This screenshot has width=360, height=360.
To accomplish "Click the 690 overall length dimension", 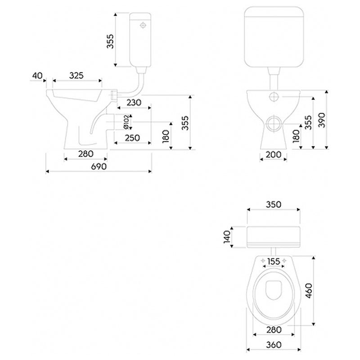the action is pos(99,166).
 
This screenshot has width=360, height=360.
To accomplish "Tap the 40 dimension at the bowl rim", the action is pos(37,76).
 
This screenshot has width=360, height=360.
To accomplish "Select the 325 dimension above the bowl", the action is pos(76,76).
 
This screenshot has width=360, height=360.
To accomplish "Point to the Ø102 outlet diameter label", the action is pos(126,122).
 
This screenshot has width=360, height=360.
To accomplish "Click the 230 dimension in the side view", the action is pos(134,103).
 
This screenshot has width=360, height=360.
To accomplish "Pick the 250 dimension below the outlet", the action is pos(132,138).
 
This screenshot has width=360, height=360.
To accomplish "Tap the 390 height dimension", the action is pos(322,120).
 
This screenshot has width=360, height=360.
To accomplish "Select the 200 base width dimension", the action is pos(273,155).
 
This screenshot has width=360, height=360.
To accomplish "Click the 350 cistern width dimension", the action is pos(274,204).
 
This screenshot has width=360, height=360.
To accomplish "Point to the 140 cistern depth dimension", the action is pos(227,237).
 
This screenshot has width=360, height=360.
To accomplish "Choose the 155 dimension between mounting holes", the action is pos(274,261).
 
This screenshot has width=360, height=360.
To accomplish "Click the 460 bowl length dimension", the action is pos(309,291).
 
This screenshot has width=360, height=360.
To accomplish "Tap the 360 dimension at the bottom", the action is pos(274,345).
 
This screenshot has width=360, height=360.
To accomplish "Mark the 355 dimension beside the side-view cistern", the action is pos(110,41).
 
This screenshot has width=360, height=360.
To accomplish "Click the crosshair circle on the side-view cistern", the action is pos(143,25).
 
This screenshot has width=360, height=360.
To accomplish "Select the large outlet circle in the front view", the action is pos(274,124).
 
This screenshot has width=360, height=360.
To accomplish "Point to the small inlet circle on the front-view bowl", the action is pos(274,97).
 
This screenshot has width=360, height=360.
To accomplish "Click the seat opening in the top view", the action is pos(274,290).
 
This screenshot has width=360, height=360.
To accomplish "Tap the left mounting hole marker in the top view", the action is pos(263,261).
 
